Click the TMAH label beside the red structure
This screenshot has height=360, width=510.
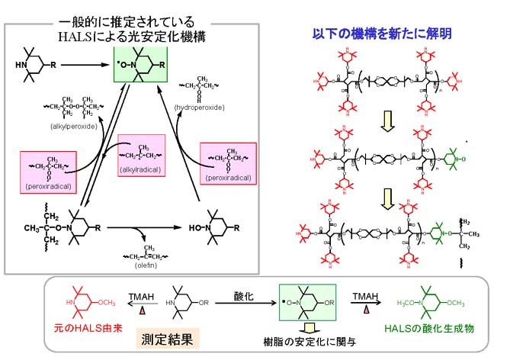pyautogui.click(x=140, y=294)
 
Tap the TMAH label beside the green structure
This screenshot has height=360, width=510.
pyautogui.click(x=369, y=294)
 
